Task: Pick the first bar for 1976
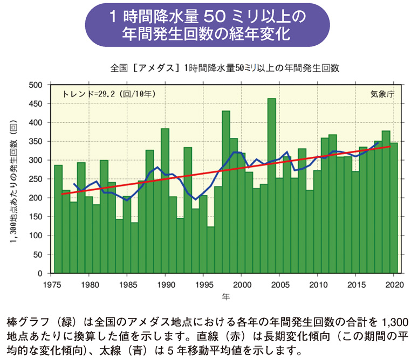(58, 219)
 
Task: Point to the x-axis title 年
(226, 296)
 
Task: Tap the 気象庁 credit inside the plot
(382, 93)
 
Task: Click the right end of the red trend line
(389, 146)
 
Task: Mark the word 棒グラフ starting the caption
(24, 323)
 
